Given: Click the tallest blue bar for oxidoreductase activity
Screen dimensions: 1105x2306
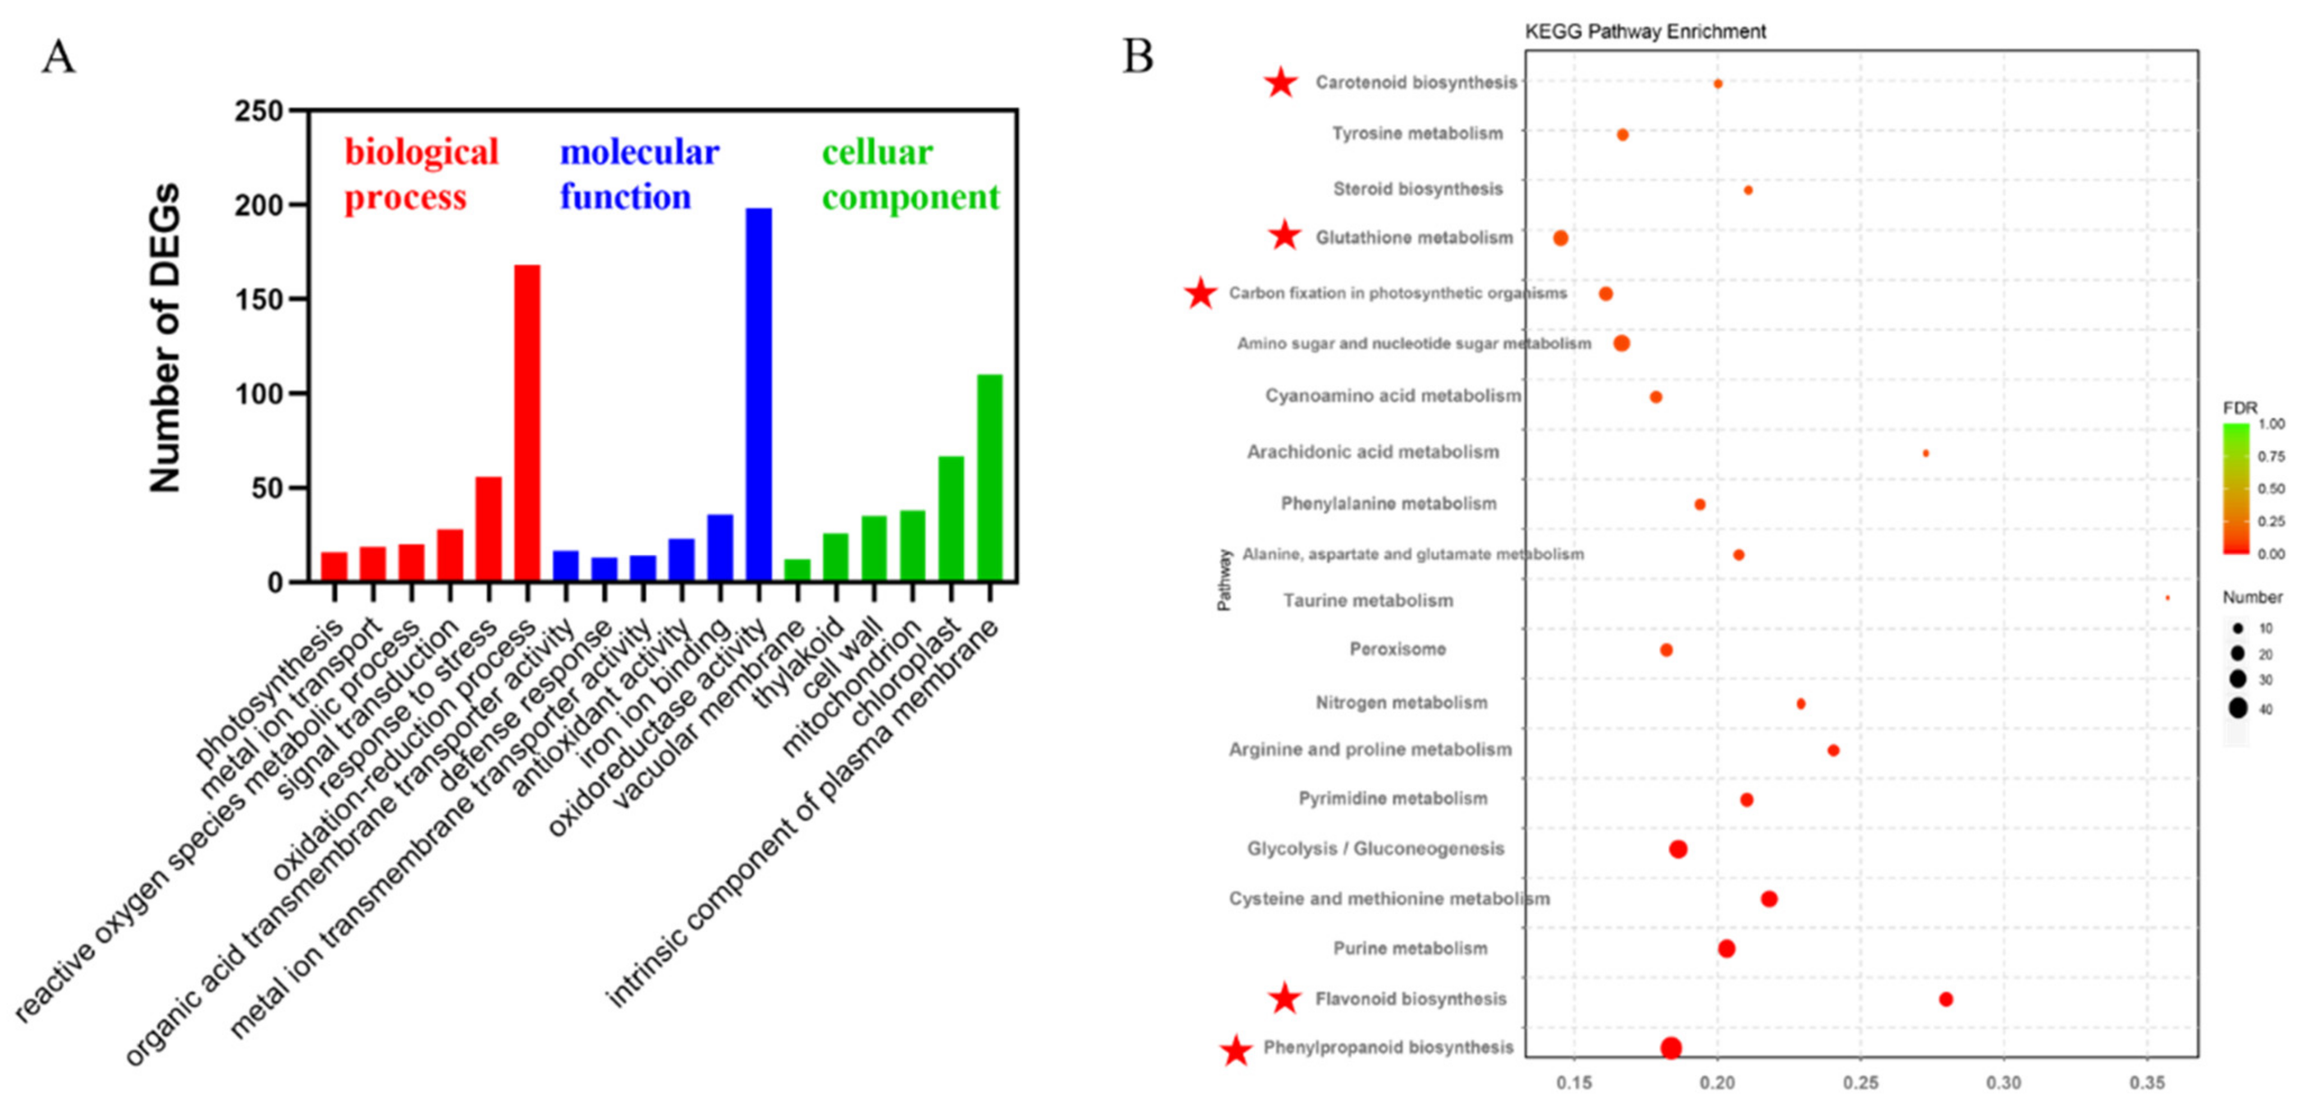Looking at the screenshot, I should coord(758,394).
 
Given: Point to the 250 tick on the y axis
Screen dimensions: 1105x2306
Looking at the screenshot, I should coord(259,112).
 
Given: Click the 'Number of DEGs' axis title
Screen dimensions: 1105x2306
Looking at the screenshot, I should coord(166,338).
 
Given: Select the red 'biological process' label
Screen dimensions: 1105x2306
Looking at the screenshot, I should coord(421,174).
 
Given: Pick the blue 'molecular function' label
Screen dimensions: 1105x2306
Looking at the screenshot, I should coord(638,174).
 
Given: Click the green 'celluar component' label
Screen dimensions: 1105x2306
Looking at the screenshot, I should coord(909,174).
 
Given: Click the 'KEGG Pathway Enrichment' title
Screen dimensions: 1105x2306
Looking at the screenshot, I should coord(1645,32).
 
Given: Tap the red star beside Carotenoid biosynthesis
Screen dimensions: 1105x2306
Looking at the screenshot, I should coord(1281,82).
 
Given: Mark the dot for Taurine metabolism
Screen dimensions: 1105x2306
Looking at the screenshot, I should coord(2167,598).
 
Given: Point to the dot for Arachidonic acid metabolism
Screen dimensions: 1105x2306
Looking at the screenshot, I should coord(1925,454).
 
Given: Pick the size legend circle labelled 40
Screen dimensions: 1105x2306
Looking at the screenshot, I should coord(2238,708).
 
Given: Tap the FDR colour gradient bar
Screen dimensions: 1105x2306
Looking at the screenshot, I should coord(2235,489).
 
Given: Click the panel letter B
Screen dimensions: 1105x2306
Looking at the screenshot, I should coord(1138,56).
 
